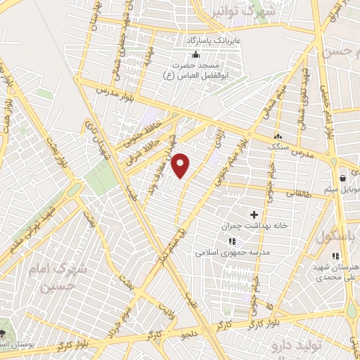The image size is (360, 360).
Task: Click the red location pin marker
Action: [x=181, y=165]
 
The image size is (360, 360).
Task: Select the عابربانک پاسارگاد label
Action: [x=209, y=41]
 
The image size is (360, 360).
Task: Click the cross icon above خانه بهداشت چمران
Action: [x=254, y=212]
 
